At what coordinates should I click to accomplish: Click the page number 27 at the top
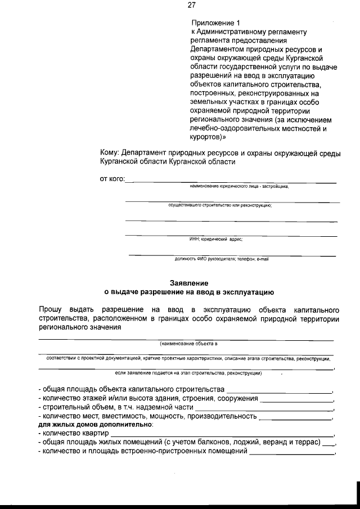pyautogui.click(x=191, y=5)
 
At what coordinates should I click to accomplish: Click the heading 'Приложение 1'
pyautogui.click(x=215, y=22)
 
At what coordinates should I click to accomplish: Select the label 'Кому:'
pyautogui.click(x=109, y=152)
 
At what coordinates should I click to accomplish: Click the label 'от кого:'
pyautogui.click(x=112, y=179)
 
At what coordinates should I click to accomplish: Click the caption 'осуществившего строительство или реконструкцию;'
pyautogui.click(x=220, y=205)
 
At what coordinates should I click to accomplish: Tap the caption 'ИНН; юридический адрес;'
pyautogui.click(x=216, y=239)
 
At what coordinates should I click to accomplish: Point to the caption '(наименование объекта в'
pyautogui.click(x=188, y=343)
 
